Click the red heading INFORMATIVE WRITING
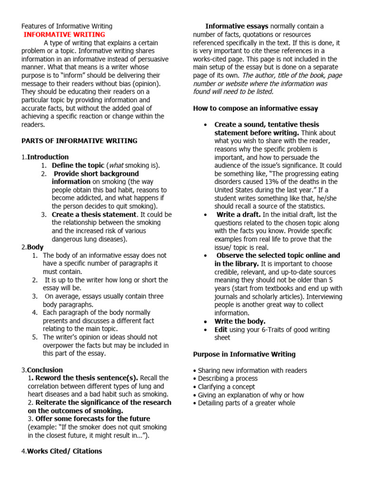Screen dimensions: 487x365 (65, 35)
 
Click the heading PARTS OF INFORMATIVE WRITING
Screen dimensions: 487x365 (79, 141)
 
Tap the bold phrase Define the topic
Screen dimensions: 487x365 (75, 165)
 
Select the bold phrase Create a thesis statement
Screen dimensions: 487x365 (94, 214)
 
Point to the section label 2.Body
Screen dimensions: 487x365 (32, 247)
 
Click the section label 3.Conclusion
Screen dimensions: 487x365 (42, 370)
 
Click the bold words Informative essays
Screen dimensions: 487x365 (237, 26)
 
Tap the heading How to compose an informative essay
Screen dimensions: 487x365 (255, 108)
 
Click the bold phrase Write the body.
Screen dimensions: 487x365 (240, 321)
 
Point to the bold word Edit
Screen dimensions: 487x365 (221, 329)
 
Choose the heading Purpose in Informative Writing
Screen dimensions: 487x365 (244, 354)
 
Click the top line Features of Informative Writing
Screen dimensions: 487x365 (67, 27)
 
